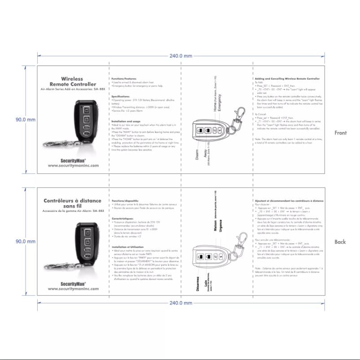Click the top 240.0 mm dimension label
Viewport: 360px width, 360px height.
181,56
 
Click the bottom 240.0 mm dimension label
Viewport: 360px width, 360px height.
181,303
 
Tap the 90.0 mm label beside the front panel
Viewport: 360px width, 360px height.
25,120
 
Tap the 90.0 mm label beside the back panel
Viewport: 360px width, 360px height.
25,241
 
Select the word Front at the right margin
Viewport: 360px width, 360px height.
340,132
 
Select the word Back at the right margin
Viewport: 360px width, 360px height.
340,241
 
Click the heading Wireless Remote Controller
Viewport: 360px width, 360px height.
72,81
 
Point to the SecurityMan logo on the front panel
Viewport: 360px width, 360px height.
73,159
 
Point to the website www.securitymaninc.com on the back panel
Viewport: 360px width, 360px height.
73,289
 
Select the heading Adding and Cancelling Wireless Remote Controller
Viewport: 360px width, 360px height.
287,79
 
